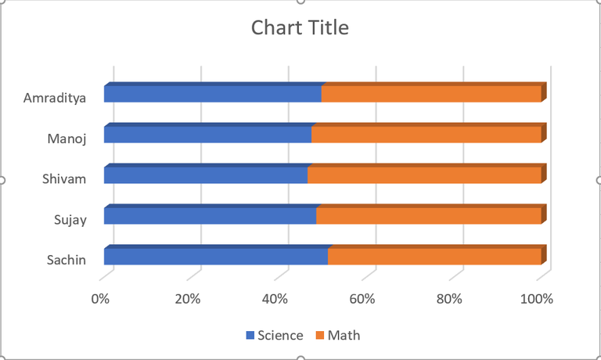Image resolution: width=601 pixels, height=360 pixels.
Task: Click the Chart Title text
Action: [300, 28]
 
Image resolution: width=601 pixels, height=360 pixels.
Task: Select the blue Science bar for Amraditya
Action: [212, 94]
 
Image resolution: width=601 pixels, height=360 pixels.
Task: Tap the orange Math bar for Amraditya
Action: [431, 94]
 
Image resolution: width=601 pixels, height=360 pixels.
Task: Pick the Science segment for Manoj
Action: [207, 135]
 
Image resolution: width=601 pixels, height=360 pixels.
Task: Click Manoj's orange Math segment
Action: [426, 135]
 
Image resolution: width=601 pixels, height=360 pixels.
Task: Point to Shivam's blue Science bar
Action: [205, 175]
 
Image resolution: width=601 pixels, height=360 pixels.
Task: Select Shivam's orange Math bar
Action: [424, 175]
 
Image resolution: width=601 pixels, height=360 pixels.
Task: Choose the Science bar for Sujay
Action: [210, 215]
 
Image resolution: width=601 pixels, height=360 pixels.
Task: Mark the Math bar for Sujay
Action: [429, 215]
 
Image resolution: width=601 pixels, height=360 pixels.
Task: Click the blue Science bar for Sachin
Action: [215, 256]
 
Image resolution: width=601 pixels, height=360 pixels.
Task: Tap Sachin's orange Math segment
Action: [434, 256]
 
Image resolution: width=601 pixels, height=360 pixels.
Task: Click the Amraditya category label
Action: [54, 98]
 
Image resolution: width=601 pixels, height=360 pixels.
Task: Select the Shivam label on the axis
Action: [64, 179]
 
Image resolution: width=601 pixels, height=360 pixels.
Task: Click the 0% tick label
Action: [100, 299]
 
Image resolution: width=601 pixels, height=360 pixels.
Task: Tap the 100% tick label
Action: [537, 299]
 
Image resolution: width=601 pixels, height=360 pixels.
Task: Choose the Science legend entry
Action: [275, 336]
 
